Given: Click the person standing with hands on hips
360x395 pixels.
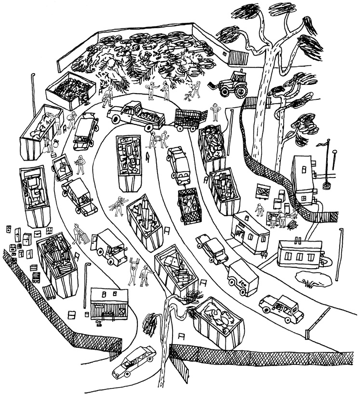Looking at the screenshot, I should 215,112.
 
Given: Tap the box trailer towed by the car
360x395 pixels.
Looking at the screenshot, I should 242,278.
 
